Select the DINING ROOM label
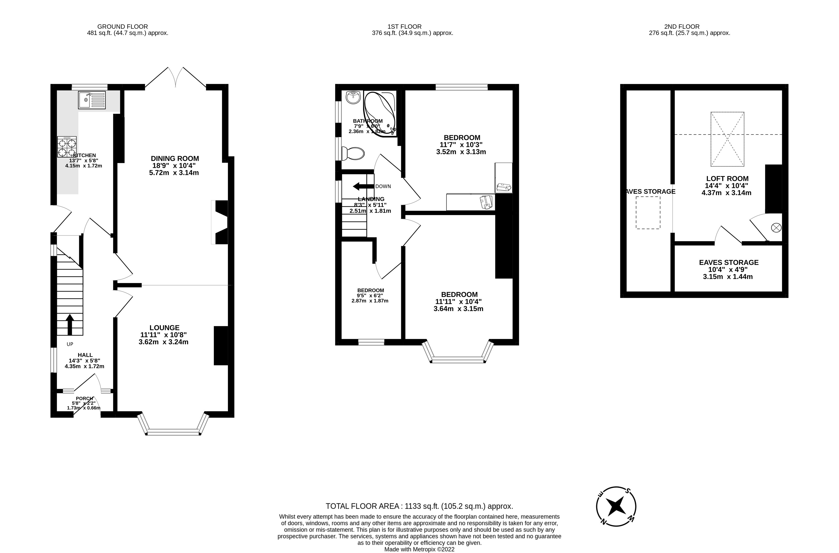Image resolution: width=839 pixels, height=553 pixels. coord(175,159)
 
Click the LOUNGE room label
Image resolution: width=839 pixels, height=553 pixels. coord(164,328)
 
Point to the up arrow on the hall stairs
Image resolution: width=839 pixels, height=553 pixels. coord(69,324)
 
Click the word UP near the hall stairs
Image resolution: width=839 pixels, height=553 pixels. coord(70,344)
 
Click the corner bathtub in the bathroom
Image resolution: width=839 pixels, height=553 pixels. coord(380,113)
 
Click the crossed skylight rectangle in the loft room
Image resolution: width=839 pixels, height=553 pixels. coord(727,139)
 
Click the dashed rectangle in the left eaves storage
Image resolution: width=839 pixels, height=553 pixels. coord(648,213)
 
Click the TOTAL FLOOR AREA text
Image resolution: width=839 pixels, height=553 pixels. coord(419,506)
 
